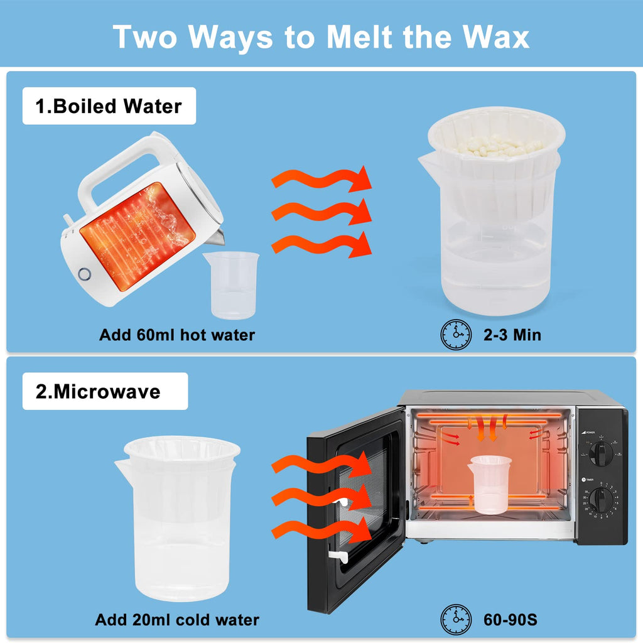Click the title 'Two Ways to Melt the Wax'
[321, 37]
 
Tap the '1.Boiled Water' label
[109, 106]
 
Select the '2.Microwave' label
[98, 391]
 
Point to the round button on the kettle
[85, 274]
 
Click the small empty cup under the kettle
[232, 284]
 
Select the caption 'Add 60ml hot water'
[177, 335]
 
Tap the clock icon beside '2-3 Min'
[456, 335]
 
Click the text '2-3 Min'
[512, 335]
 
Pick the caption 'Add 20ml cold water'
[177, 620]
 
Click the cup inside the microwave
[490, 484]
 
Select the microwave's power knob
[601, 453]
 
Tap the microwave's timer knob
[601, 500]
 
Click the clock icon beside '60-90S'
[456, 620]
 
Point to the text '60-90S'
[510, 620]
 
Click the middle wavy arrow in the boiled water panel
[321, 212]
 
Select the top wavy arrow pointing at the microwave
[321, 465]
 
